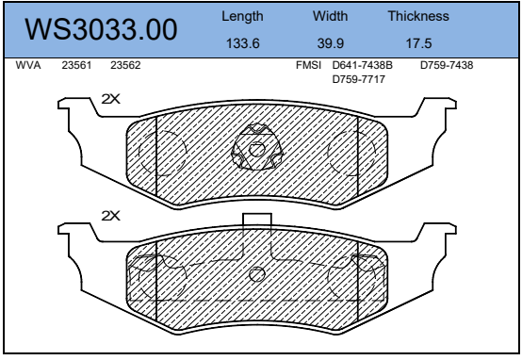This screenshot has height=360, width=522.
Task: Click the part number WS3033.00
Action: coord(101,29)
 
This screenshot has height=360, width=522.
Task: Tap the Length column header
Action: coord(242,17)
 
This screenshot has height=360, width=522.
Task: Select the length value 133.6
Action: coord(243,43)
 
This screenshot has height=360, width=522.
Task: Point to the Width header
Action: coord(330,16)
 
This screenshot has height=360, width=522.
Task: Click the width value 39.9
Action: coord(330,43)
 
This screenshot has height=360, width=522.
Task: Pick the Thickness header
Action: coord(418,16)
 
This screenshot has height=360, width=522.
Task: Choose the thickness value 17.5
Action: coord(418,43)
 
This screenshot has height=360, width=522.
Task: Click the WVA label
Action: coord(28,65)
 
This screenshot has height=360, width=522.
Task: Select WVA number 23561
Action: coord(76,65)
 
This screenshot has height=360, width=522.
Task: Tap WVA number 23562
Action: coord(125,65)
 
